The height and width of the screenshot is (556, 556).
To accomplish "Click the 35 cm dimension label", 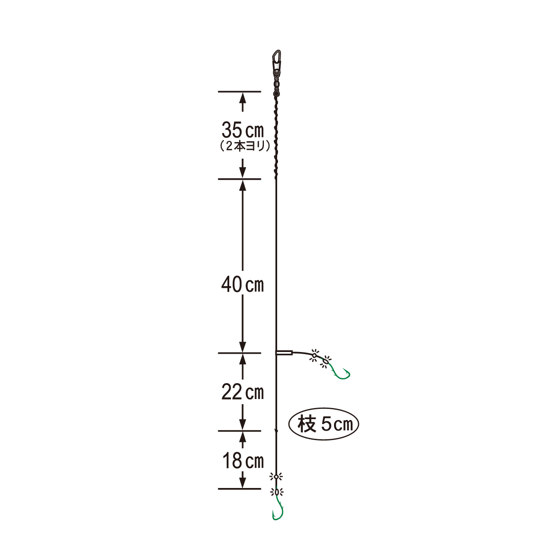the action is pos(243,130).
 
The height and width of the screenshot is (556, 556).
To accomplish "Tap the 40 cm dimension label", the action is pos(243,284).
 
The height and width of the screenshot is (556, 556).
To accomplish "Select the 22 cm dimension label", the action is pos(243,392).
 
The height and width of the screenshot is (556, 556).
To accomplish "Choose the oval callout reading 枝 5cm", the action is pos(324,424).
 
